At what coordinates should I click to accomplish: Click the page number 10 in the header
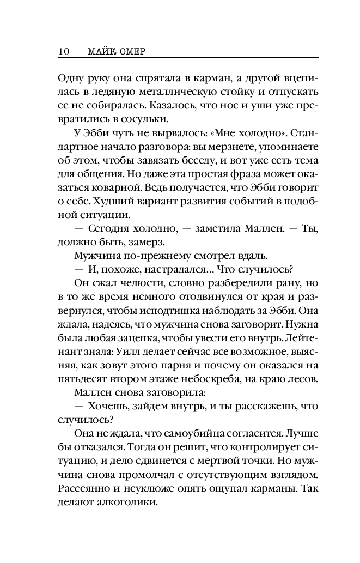(63, 51)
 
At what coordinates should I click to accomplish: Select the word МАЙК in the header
(101, 51)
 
